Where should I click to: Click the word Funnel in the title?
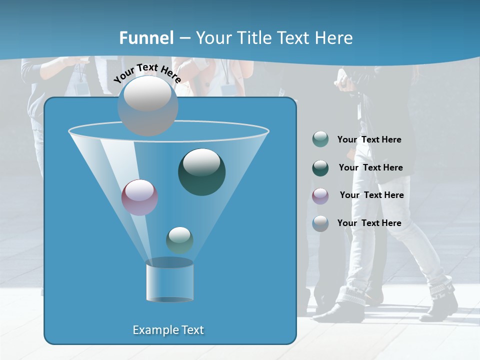[x=146, y=38]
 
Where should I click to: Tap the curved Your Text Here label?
[x=147, y=73]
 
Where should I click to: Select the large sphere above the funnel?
[x=148, y=105]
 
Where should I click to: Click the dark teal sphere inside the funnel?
[x=202, y=172]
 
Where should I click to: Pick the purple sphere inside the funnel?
[x=140, y=197]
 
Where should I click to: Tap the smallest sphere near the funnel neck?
[x=179, y=240]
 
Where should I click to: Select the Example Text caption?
[x=168, y=330]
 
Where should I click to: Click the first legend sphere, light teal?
[x=320, y=139]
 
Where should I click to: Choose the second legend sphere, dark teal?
[x=320, y=168]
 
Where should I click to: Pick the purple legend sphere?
[x=320, y=196]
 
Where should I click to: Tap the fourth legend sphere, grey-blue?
[x=320, y=223]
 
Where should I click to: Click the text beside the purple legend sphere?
[x=371, y=195]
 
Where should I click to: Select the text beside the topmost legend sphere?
[x=369, y=140]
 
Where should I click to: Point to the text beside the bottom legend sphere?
[x=369, y=223]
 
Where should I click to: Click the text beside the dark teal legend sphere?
[x=370, y=167]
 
